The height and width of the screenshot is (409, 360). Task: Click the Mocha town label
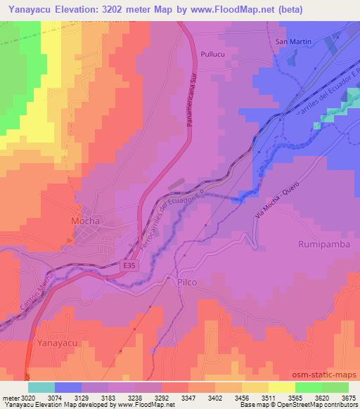86,221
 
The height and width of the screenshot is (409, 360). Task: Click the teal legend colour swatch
41,387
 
